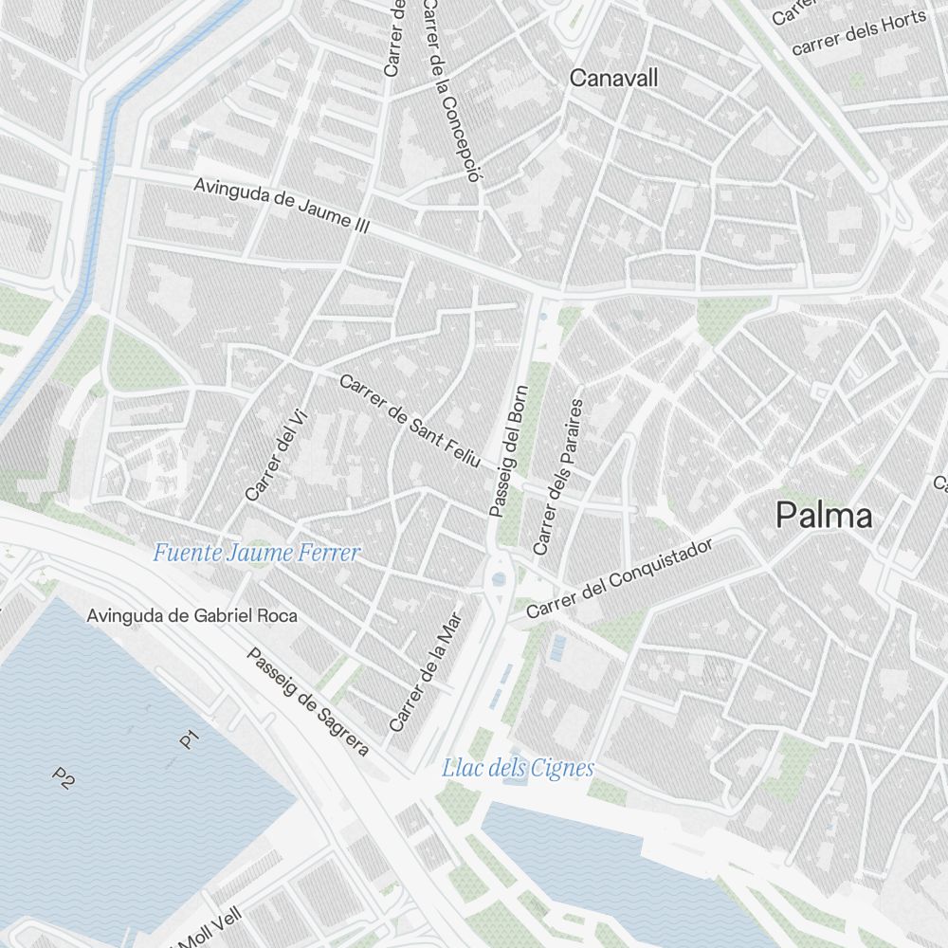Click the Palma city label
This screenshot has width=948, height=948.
point(824,516)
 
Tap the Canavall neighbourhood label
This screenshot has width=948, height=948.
point(613,78)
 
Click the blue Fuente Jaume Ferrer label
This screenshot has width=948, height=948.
point(257,553)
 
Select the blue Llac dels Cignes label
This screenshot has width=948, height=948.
point(518,768)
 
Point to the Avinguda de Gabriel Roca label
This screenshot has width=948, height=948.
point(191,615)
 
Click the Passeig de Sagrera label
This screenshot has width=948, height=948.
point(307,702)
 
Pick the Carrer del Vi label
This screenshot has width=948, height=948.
point(271,460)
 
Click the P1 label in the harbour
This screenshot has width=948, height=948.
point(190,738)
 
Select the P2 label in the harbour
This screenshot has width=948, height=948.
point(63,779)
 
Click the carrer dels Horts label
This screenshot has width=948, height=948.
point(858,34)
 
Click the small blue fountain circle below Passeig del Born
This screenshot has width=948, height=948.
point(499,578)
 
